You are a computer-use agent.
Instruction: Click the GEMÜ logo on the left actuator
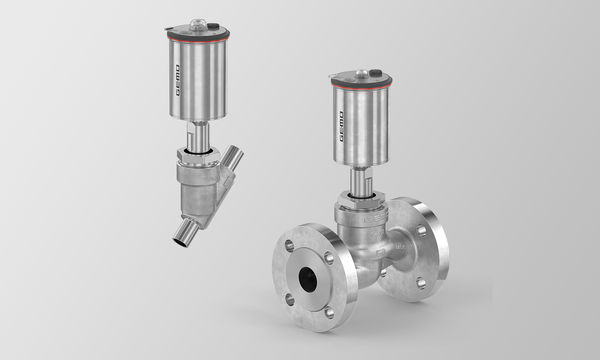click(178, 80)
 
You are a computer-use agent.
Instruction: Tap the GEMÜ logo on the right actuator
click(341, 127)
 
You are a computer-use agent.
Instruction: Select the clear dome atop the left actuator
click(198, 25)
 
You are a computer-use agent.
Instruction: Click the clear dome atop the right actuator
click(361, 73)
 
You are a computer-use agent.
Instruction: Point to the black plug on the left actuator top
click(214, 27)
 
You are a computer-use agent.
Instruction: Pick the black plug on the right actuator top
click(376, 73)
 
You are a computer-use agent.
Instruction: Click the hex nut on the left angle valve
click(198, 156)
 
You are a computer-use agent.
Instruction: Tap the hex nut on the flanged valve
click(361, 200)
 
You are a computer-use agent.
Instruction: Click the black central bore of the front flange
click(308, 279)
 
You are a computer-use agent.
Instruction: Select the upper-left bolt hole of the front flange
click(289, 246)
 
